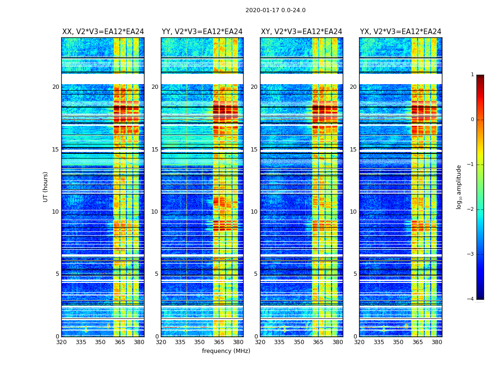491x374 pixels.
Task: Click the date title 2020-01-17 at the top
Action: coord(275,10)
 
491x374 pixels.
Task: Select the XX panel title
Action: coord(103,32)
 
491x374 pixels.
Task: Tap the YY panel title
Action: coord(202,32)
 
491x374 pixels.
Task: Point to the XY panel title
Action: coord(302,32)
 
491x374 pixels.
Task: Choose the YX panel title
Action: coord(401,32)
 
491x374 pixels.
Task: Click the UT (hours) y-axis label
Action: coord(46,187)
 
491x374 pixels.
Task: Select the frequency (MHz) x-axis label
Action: coord(226,351)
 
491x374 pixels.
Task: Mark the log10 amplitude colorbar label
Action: coord(459,187)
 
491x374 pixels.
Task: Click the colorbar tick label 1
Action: coord(472,75)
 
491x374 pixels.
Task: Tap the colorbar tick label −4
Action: coord(471,299)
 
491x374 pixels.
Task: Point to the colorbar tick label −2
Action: coord(471,209)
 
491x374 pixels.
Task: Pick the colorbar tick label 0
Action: coord(472,120)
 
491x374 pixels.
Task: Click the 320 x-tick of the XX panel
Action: coord(61,342)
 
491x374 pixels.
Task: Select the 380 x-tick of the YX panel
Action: coord(437,342)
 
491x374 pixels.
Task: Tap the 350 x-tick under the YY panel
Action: coord(200,342)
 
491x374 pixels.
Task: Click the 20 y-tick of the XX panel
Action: coord(56,87)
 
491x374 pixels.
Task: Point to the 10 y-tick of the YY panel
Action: coord(155,212)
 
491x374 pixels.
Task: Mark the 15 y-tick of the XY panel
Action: coord(254,150)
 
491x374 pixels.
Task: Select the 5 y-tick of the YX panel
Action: coord(355,274)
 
